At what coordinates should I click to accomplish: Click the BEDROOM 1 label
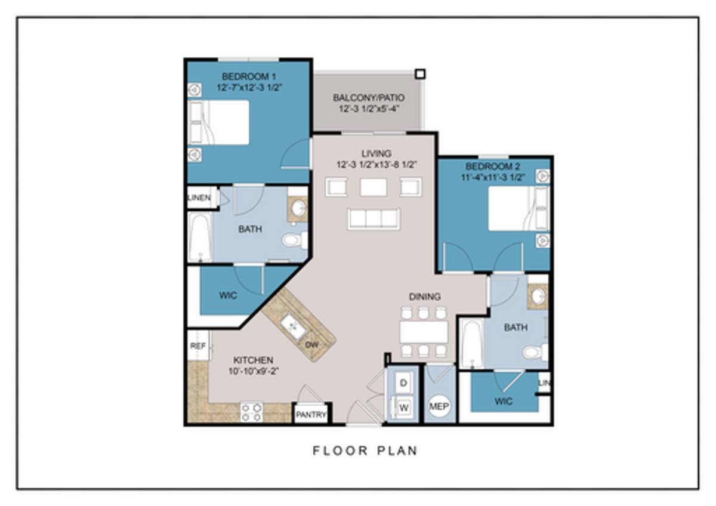coord(249,77)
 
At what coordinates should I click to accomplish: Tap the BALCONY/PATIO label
coord(369,98)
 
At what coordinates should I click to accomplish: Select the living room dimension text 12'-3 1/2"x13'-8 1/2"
coord(376,165)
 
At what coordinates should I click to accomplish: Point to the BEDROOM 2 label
coord(493,166)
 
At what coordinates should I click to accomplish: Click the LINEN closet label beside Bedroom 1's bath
coord(199,198)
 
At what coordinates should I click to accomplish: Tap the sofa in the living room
coord(374,219)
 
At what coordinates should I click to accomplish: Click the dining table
coord(424,332)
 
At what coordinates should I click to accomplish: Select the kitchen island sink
coord(294,326)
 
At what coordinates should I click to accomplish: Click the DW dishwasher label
coord(311,345)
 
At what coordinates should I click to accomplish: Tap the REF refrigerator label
coord(198,346)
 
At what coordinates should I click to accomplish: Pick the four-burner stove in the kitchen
coord(252,412)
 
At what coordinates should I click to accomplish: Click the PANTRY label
coord(311,415)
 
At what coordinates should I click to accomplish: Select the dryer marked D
coord(403,382)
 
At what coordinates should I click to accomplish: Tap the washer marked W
coord(404,408)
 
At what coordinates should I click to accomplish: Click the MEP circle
coord(439,406)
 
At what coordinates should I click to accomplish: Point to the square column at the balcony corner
coord(420,74)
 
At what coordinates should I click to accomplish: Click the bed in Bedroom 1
coord(218,122)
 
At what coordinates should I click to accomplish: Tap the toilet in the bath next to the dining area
coord(535,353)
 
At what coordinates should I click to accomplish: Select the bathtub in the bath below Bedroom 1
coord(200,237)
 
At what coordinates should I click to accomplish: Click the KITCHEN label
coord(253,360)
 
